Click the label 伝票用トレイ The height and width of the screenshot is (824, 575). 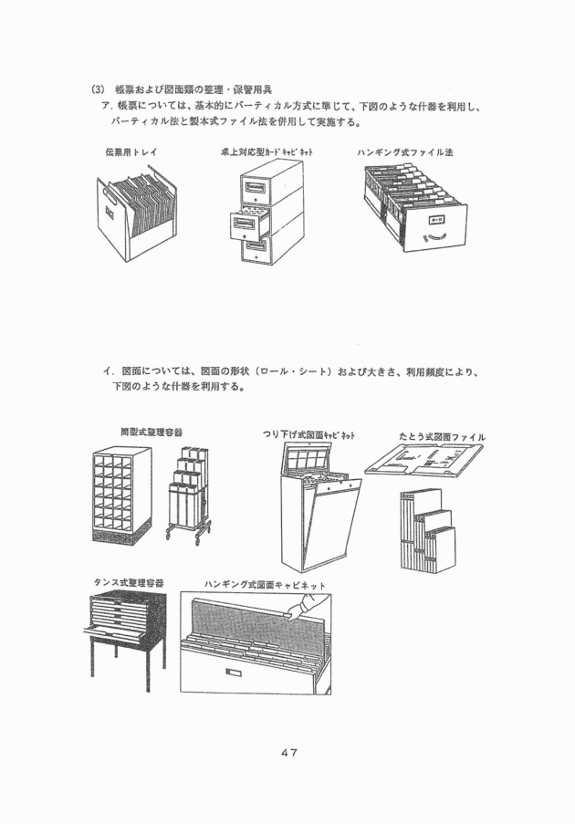(131, 152)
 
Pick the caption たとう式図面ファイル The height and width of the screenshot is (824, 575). (442, 437)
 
